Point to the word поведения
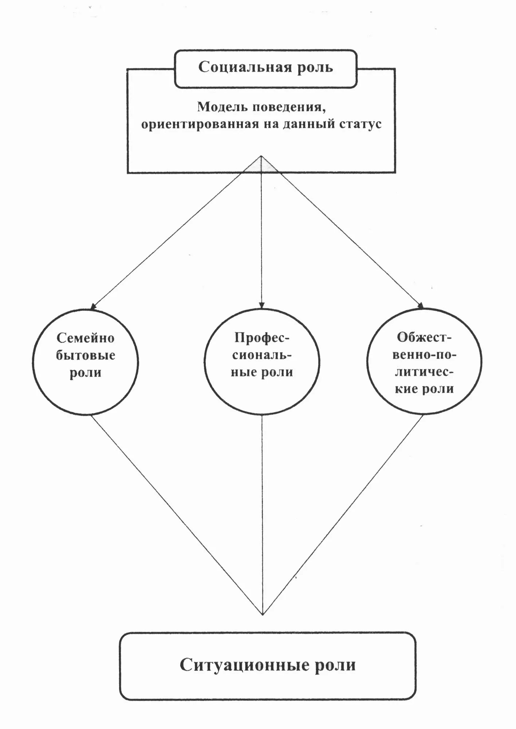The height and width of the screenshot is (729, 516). coord(289,107)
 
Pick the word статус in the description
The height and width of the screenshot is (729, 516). coord(360,124)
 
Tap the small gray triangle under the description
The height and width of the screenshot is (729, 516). coord(261,165)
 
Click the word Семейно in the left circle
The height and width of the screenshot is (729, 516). coord(86,338)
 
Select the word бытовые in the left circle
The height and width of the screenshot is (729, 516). coord(86,356)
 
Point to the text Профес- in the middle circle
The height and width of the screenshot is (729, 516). coord(261,338)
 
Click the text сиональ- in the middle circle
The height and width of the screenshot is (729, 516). coord(261,355)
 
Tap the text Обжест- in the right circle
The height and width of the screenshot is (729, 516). coord(424,337)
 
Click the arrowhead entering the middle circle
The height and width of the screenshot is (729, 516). coord(261,306)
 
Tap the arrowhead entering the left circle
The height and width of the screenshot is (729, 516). coord(93,307)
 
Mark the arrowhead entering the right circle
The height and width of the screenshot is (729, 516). coord(421,306)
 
